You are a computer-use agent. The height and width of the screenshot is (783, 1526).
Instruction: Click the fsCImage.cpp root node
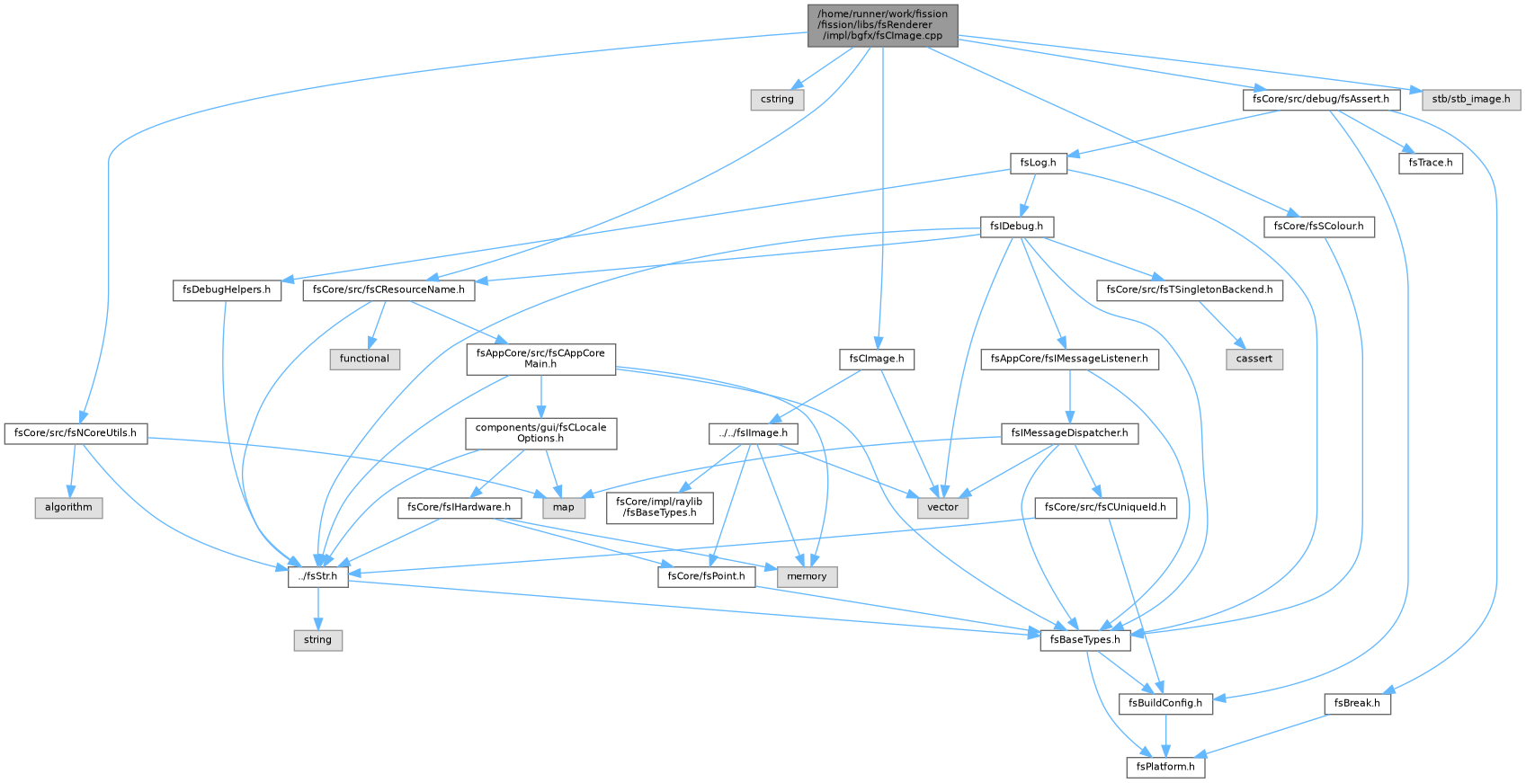tap(882, 25)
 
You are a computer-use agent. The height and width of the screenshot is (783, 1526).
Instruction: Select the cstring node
tap(777, 100)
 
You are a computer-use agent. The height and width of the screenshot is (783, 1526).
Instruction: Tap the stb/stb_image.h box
tap(1471, 100)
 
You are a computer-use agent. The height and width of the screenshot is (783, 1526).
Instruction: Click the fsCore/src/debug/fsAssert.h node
tap(1321, 100)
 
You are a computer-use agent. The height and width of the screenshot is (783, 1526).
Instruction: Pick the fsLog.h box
tap(1039, 163)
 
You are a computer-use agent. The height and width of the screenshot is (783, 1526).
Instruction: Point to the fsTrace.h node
tap(1431, 163)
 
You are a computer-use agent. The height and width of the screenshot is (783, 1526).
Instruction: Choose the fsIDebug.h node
tap(1017, 227)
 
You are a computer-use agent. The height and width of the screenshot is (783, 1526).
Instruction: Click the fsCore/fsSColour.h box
tap(1319, 227)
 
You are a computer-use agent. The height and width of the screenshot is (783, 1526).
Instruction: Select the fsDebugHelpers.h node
tap(227, 290)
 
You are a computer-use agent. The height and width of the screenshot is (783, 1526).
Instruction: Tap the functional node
tap(364, 359)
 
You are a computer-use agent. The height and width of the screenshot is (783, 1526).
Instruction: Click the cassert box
tap(1254, 359)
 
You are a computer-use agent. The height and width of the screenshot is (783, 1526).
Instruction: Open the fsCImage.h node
tap(877, 359)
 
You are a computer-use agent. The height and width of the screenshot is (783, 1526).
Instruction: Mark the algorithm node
tap(69, 507)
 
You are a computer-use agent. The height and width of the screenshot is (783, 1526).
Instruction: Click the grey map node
tap(564, 507)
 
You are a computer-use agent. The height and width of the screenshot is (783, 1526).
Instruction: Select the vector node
tap(943, 507)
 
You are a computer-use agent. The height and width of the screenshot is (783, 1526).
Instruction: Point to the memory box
tap(808, 577)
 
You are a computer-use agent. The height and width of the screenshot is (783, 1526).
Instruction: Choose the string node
tap(318, 640)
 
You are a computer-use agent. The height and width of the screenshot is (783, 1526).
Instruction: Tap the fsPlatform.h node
tap(1165, 768)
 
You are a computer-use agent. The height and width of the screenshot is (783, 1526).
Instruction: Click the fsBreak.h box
tap(1358, 703)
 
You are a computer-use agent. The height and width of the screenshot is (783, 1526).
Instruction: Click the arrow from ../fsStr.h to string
tap(318, 609)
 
